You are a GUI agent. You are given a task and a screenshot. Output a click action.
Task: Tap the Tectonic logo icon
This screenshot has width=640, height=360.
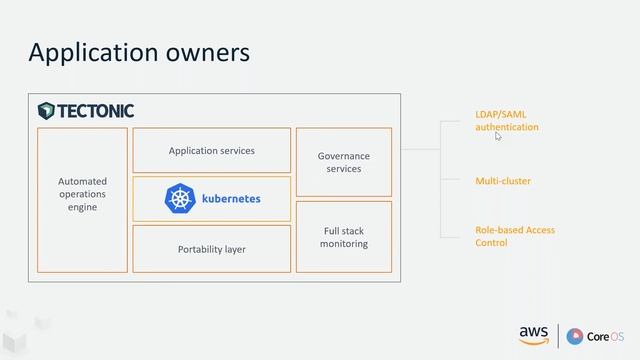(46, 110)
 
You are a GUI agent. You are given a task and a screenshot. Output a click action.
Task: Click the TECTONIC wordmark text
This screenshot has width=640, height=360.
(94, 110)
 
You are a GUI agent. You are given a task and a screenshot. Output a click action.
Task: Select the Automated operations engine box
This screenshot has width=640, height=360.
(82, 199)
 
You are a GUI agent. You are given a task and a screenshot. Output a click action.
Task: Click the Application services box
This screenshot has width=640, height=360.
(211, 150)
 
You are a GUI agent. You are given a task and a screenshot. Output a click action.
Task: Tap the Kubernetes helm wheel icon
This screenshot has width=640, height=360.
(180, 198)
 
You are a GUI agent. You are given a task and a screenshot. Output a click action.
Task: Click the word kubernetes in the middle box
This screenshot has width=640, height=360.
(230, 199)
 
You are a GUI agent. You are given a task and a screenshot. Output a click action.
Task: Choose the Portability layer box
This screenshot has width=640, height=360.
(211, 249)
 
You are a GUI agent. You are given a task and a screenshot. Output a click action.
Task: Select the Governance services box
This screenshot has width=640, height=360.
(343, 162)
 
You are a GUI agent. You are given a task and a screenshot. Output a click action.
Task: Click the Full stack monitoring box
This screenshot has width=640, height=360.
(343, 237)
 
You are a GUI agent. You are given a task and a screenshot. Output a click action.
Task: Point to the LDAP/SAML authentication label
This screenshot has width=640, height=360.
(506, 121)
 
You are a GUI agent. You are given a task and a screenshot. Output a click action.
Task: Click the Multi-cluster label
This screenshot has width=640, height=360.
(503, 181)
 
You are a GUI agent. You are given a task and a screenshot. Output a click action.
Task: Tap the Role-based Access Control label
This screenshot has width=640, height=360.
(514, 236)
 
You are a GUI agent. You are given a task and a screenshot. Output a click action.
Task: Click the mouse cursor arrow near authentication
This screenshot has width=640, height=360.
(498, 136)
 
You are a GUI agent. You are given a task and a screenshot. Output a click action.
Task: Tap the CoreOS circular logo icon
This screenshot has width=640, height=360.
(574, 336)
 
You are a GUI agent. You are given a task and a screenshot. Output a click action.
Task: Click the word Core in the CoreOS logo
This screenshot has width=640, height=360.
(598, 336)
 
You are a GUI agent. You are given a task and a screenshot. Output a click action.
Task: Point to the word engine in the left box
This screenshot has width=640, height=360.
(82, 207)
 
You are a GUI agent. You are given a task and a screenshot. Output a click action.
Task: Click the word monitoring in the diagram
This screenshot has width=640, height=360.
(343, 244)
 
